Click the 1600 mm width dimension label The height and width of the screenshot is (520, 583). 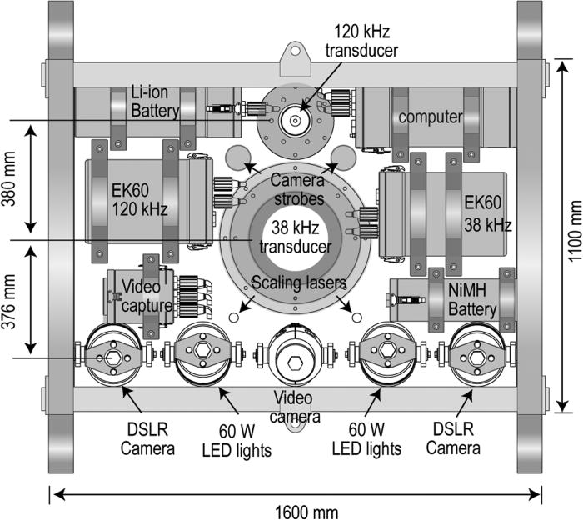(x=306, y=512)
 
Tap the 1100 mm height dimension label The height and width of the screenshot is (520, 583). (x=575, y=231)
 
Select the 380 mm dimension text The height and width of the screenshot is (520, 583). (x=8, y=178)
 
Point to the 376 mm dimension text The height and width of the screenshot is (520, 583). (x=8, y=302)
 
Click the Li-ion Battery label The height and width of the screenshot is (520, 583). (x=155, y=102)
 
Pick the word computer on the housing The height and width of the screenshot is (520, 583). (x=431, y=117)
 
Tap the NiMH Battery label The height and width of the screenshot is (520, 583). (x=472, y=300)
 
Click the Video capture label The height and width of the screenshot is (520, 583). (x=147, y=296)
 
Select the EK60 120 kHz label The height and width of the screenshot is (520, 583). (x=140, y=200)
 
